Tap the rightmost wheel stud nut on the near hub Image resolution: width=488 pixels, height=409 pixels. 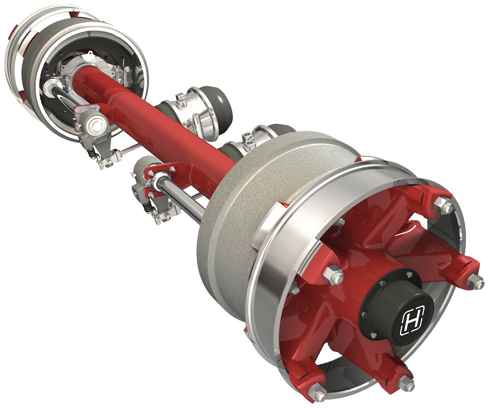[x=476, y=281]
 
